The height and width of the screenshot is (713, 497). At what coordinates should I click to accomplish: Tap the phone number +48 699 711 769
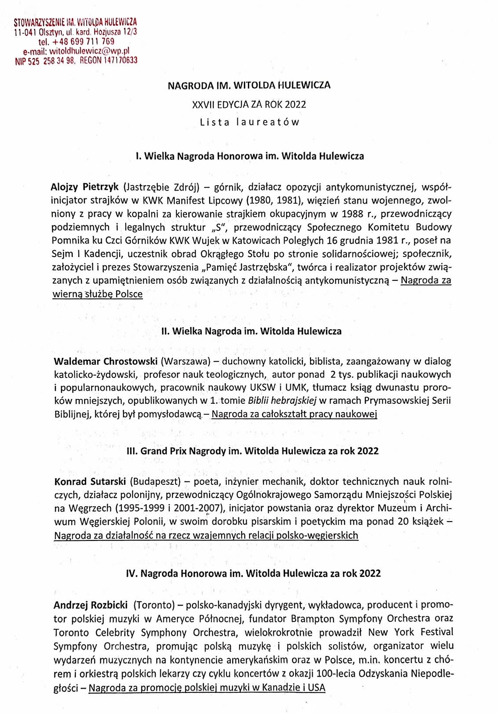click(83, 42)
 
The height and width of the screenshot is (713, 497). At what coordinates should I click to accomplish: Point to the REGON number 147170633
click(120, 60)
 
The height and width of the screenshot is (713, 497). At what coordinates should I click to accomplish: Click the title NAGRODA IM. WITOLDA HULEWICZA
click(249, 85)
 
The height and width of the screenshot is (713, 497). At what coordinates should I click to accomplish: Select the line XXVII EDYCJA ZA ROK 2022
click(249, 105)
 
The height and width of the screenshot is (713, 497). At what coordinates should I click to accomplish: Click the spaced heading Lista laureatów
click(249, 122)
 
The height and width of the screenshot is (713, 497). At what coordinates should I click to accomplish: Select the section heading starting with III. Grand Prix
click(252, 451)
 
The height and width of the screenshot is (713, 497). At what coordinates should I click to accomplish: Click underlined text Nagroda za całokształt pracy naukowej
click(294, 414)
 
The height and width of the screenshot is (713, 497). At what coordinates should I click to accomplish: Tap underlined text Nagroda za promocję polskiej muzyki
click(207, 688)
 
